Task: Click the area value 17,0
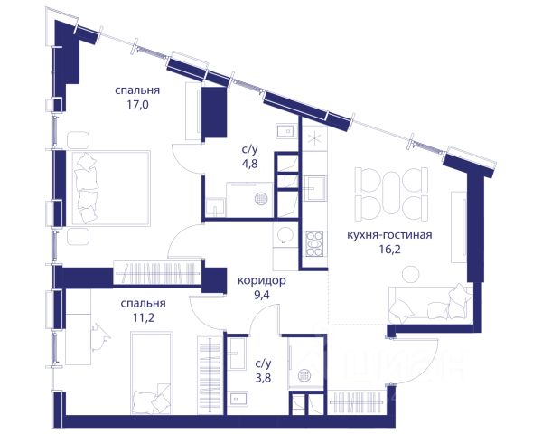click(x=137, y=105)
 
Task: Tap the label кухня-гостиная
click(x=389, y=235)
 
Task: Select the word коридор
click(x=262, y=280)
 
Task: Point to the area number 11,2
click(x=144, y=317)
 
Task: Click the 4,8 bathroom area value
click(x=249, y=164)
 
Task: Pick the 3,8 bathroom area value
click(x=263, y=378)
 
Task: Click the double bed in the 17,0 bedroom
click(x=111, y=188)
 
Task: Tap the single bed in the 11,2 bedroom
click(x=152, y=373)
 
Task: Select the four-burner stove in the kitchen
click(x=314, y=243)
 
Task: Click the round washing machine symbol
click(x=285, y=236)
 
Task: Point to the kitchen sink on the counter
click(x=314, y=188)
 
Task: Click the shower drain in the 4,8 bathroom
click(x=261, y=199)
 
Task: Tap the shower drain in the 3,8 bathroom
click(x=304, y=375)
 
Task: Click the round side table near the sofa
click(x=411, y=274)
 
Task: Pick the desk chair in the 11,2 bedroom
click(x=100, y=337)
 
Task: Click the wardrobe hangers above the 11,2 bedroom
click(x=157, y=273)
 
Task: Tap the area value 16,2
click(x=389, y=250)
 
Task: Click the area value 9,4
click(x=261, y=296)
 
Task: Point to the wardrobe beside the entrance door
click(x=357, y=402)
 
